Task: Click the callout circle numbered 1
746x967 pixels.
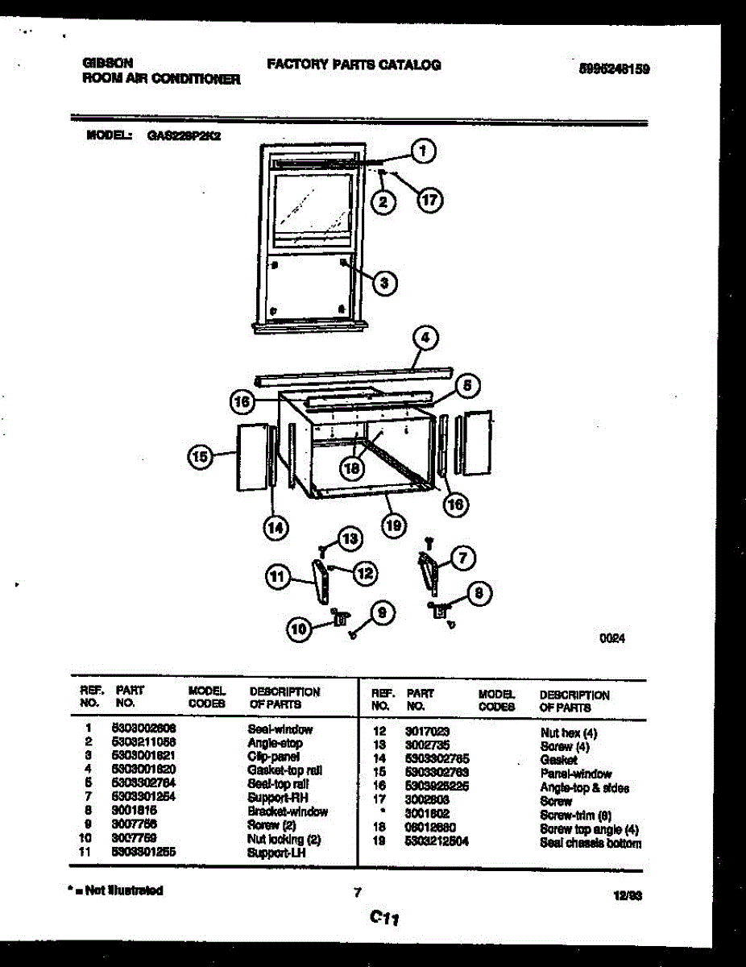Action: click(424, 149)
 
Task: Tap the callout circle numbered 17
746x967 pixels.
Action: click(430, 201)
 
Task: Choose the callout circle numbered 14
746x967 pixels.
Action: click(276, 528)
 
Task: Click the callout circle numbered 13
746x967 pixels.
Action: click(349, 539)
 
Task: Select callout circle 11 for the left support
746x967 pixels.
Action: click(278, 576)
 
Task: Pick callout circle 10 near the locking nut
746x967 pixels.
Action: click(300, 633)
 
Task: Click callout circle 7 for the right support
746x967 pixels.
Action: click(462, 558)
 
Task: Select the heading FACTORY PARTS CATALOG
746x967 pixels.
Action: click(354, 65)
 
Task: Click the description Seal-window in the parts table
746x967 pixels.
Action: click(280, 729)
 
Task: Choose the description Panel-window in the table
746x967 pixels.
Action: click(575, 774)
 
